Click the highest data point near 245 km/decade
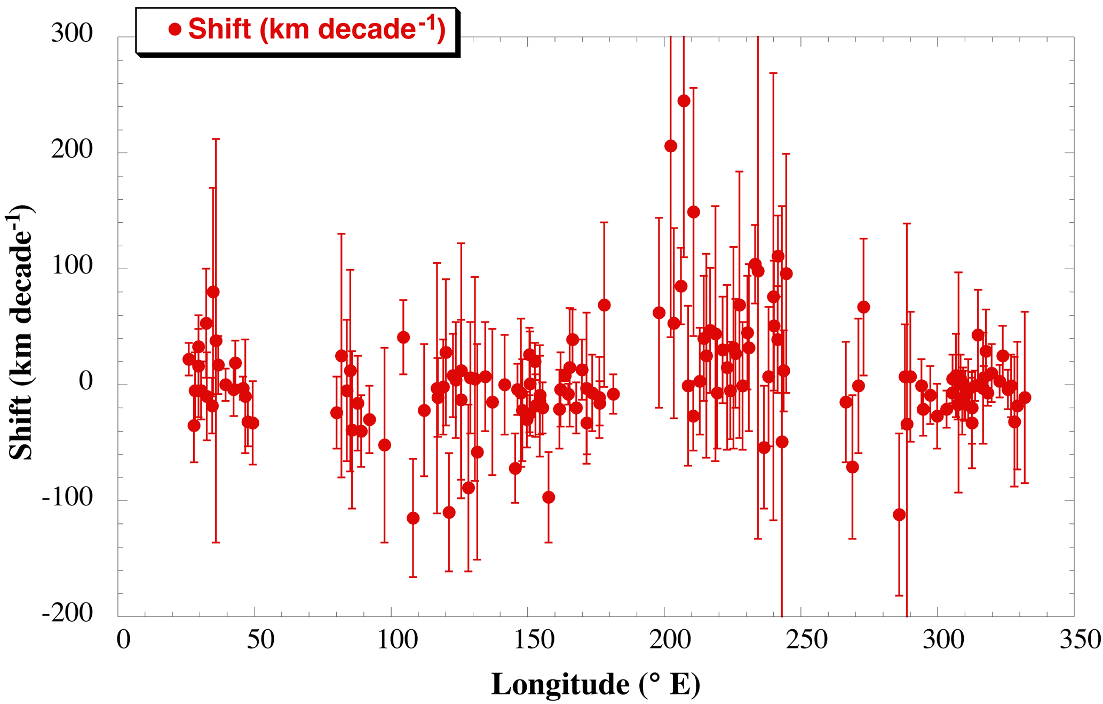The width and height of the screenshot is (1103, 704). (683, 101)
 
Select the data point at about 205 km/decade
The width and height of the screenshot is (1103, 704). (670, 146)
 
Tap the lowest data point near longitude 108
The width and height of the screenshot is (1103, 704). (412, 518)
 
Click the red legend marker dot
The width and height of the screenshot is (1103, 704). (174, 29)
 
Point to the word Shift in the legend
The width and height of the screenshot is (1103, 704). (219, 29)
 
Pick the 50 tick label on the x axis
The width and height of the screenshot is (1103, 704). (260, 639)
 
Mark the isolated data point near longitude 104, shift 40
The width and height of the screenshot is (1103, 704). (403, 338)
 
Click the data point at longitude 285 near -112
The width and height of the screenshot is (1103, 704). (899, 515)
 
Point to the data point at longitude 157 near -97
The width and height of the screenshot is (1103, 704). (549, 497)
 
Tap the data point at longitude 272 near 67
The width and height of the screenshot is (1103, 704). (863, 307)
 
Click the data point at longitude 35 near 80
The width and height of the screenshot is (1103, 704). (213, 292)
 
